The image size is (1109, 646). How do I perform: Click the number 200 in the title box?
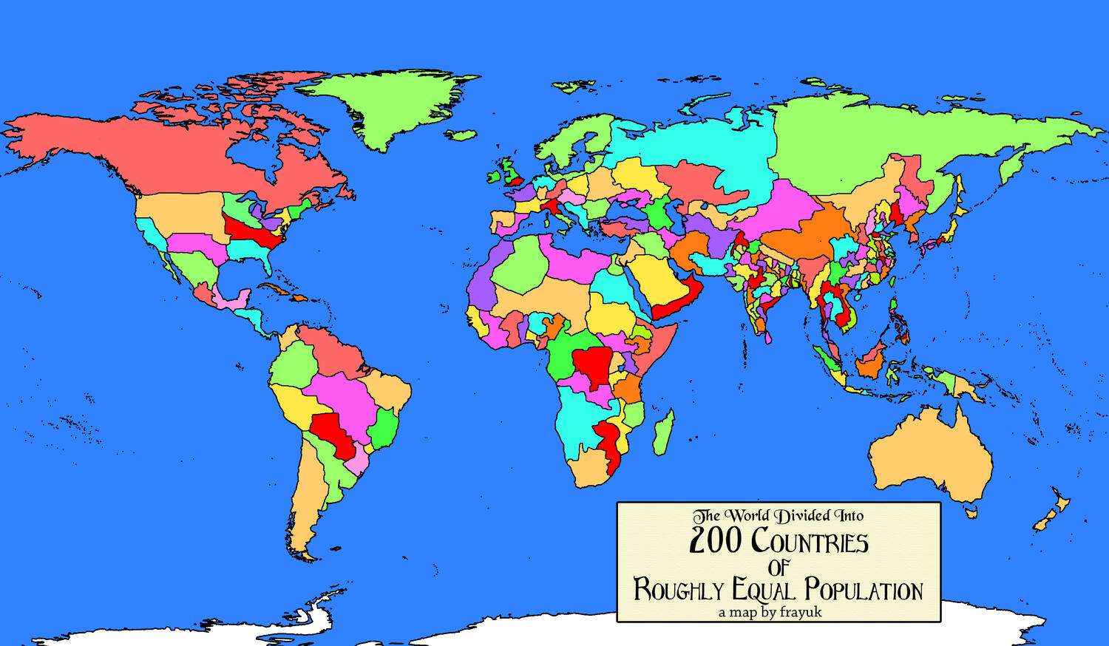click(x=715, y=542)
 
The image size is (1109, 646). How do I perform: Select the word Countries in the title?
click(x=810, y=542)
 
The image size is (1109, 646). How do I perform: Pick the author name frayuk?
click(x=800, y=612)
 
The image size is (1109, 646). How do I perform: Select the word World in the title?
click(x=750, y=515)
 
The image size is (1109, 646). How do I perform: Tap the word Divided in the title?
click(x=801, y=515)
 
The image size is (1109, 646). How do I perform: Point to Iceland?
click(x=462, y=135)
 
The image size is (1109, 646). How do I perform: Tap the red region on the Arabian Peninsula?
click(x=676, y=299)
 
